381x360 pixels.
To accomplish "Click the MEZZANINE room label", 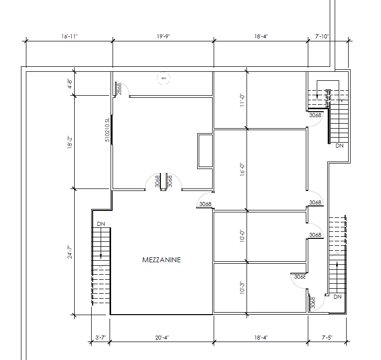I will (161, 260).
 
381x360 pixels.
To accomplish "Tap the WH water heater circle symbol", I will (163, 78).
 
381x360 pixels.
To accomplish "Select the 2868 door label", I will (120, 89).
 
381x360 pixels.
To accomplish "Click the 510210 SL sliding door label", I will (107, 130).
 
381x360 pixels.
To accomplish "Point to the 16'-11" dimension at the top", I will (69, 36).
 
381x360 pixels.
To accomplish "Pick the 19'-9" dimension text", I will (163, 36).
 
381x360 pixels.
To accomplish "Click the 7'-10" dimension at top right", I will (322, 36).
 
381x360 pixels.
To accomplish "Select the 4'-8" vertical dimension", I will (70, 83).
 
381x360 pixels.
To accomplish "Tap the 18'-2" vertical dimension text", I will (70, 142).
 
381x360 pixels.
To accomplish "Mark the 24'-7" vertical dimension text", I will (70, 251).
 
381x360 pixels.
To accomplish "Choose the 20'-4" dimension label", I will (162, 338).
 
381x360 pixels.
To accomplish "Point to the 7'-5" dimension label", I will (327, 338).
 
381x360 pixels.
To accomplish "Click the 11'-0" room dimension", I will (242, 100).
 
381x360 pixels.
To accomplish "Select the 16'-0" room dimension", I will (242, 170).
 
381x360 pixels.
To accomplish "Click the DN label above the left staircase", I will (101, 223).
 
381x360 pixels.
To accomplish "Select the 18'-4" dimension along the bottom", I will (261, 338).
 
